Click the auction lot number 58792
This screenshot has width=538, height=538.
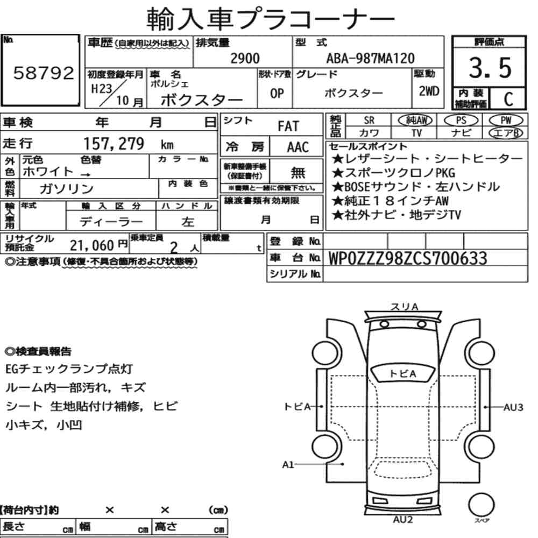coord(44,73)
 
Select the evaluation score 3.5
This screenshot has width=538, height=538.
coord(490,68)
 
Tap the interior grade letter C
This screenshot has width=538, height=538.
coord(508,99)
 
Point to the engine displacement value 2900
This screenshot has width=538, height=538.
coord(245,58)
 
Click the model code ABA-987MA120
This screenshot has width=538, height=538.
coord(370,58)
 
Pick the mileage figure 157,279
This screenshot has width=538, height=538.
coord(114,144)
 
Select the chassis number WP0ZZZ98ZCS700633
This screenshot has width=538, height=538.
coord(408,258)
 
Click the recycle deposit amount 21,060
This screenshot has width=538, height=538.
coord(91,245)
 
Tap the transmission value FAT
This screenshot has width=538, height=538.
coord(288,126)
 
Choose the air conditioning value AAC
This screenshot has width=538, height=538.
coord(298,147)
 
